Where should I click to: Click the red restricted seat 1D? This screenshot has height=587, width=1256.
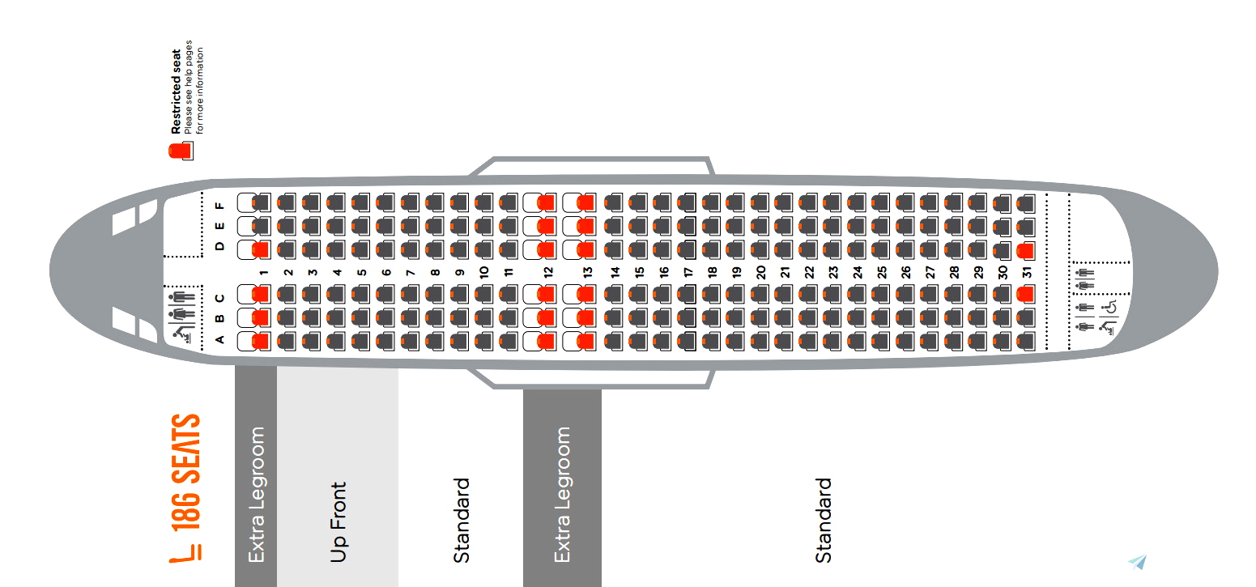tap(260, 250)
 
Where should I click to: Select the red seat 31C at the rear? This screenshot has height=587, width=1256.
tap(1025, 295)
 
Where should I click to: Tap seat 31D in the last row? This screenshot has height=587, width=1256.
tap(1025, 251)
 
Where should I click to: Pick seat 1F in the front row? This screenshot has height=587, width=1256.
tap(260, 202)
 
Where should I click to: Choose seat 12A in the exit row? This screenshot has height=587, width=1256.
tap(546, 342)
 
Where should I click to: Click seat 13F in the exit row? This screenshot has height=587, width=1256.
tap(585, 202)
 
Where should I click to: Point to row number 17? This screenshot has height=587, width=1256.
tap(688, 273)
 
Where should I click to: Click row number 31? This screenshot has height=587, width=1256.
tap(1027, 273)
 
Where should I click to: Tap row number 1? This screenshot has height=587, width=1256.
tap(263, 273)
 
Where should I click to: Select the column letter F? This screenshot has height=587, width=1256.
tap(219, 206)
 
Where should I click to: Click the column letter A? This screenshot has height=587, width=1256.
tap(219, 340)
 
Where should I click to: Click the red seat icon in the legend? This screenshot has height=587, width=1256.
tap(181, 151)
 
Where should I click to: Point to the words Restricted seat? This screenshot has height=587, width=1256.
tap(176, 92)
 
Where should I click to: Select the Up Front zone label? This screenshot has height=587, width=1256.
tap(338, 522)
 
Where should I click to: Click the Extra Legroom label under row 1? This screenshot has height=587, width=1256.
tap(256, 495)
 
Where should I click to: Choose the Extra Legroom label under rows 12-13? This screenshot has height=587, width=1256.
tap(562, 495)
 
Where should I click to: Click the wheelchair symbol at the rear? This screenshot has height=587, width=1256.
tap(1109, 308)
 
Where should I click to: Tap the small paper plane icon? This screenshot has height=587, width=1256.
tap(1138, 563)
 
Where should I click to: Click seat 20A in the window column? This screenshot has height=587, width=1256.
tap(760, 342)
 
